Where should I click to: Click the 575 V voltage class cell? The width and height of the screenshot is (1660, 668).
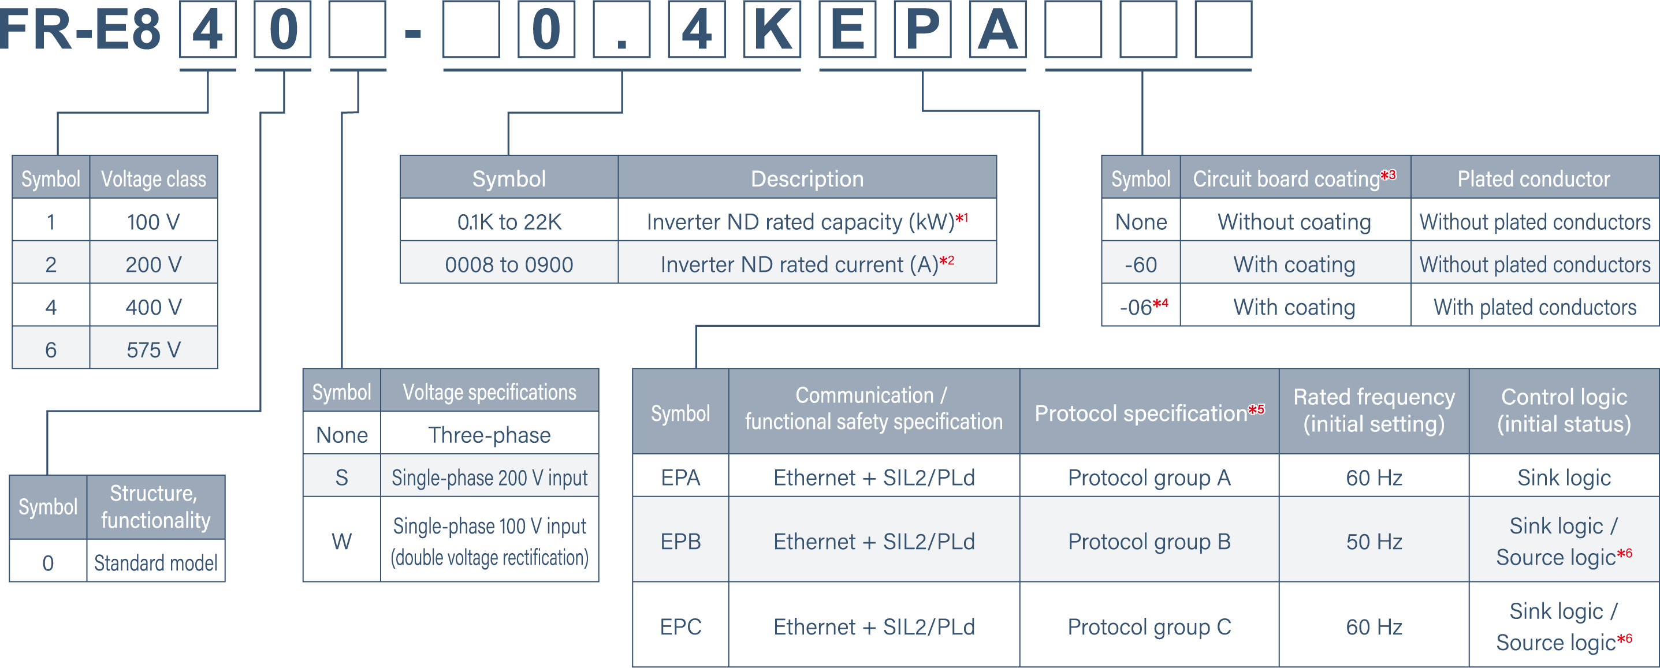click(154, 349)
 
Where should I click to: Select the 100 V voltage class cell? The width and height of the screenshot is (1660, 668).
click(154, 221)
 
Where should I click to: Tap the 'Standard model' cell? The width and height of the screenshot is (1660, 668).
click(156, 562)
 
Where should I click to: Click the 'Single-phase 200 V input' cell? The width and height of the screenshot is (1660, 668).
click(490, 477)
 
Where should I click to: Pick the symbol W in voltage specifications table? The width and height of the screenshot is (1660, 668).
click(341, 540)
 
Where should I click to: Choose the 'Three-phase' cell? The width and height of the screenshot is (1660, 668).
click(490, 435)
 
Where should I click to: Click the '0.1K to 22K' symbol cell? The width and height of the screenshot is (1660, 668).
click(509, 221)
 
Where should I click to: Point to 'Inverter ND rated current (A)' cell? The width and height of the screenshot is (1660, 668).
click(807, 263)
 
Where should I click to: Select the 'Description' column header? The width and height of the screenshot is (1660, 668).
click(807, 178)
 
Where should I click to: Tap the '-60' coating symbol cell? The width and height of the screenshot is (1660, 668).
click(1141, 263)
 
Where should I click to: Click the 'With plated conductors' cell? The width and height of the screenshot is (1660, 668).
click(1535, 307)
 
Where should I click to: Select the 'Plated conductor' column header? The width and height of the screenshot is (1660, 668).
click(1535, 178)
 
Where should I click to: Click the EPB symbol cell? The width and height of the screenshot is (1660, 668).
click(680, 540)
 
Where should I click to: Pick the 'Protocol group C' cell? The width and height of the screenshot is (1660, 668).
click(1149, 625)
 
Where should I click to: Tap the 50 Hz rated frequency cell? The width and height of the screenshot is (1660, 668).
click(1374, 540)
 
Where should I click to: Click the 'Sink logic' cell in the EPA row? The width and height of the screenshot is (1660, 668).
click(1564, 477)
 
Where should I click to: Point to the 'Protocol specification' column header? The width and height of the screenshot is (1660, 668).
click(1149, 412)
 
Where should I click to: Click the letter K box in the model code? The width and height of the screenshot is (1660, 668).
click(772, 29)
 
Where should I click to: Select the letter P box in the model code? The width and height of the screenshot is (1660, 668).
click(923, 29)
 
